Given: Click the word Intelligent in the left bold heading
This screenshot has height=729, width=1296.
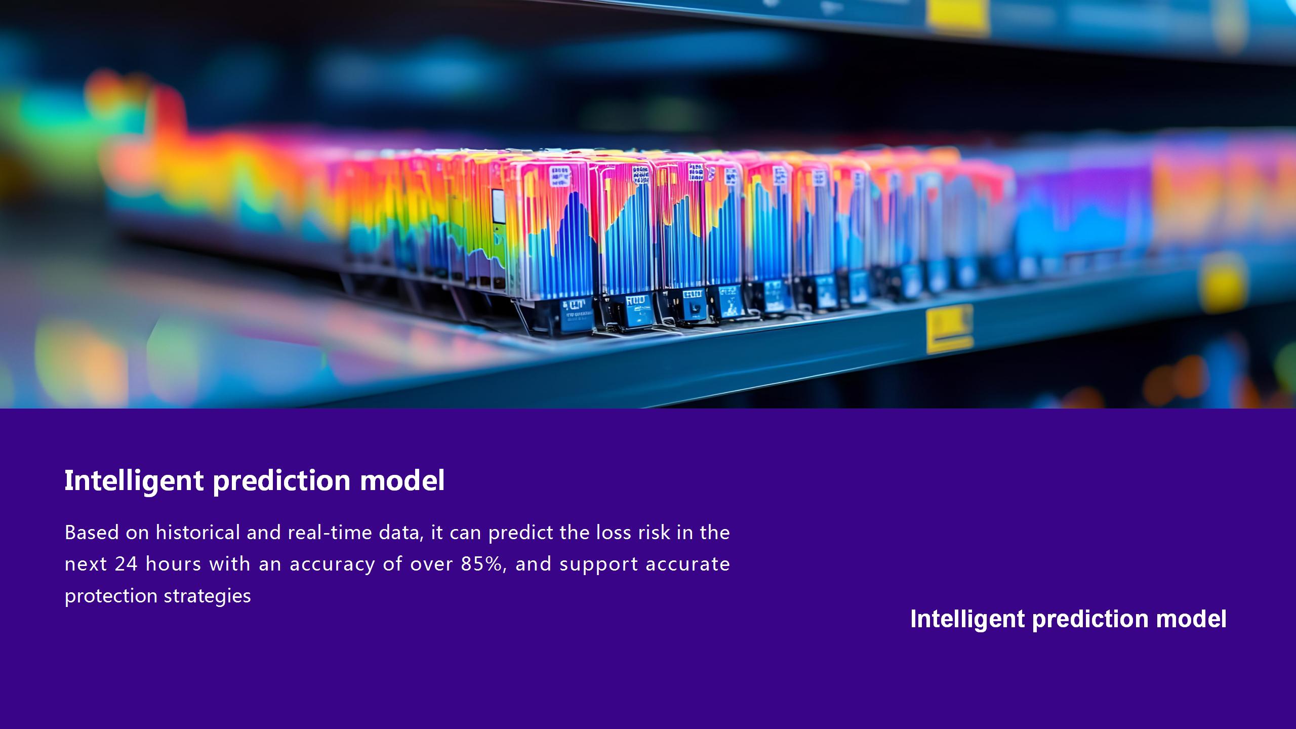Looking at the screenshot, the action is pos(134,480).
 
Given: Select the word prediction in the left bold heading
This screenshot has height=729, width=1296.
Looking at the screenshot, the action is pos(281,480).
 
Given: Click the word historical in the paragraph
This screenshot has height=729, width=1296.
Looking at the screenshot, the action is pos(198,532).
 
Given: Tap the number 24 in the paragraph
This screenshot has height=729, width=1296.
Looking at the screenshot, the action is pos(126,564).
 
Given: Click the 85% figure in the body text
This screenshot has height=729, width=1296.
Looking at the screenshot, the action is pos(483,564).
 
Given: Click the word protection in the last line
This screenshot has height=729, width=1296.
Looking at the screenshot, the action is pos(111,596).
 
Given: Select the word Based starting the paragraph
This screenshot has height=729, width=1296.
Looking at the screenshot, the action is pos(92,532).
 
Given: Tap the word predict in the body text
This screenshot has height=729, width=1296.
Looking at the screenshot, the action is pos(520,533).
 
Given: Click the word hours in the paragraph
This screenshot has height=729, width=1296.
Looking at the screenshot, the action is pos(173,563).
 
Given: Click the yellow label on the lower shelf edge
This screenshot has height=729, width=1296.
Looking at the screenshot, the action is pos(949,328).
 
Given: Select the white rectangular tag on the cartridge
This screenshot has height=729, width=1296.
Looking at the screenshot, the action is pos(499,206).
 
